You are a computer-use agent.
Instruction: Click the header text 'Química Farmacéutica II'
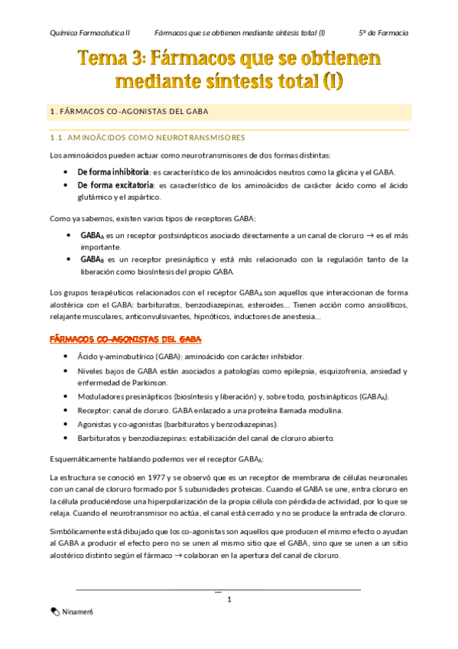(x=89, y=33)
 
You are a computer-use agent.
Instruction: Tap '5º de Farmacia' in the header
(x=383, y=33)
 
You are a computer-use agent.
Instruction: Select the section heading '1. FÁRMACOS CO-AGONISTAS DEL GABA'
(x=128, y=112)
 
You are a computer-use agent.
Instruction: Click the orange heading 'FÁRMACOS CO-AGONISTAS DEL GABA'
(x=125, y=338)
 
